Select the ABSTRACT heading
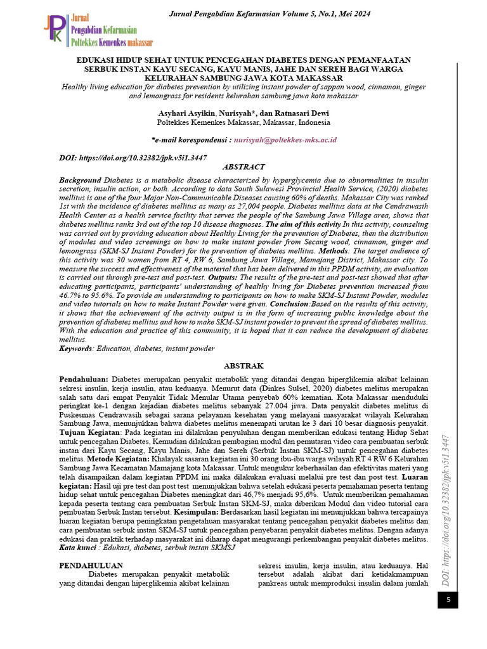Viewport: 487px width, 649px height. click(x=243, y=167)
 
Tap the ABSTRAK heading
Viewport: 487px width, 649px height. click(x=243, y=365)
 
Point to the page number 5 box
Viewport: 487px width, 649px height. click(x=447, y=599)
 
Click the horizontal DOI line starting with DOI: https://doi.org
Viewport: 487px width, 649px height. click(x=133, y=157)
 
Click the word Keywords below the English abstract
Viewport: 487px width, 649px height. click(x=75, y=348)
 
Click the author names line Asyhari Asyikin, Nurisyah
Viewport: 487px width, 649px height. click(x=243, y=113)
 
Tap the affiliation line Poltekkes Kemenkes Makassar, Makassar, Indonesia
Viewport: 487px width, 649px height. click(x=243, y=122)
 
